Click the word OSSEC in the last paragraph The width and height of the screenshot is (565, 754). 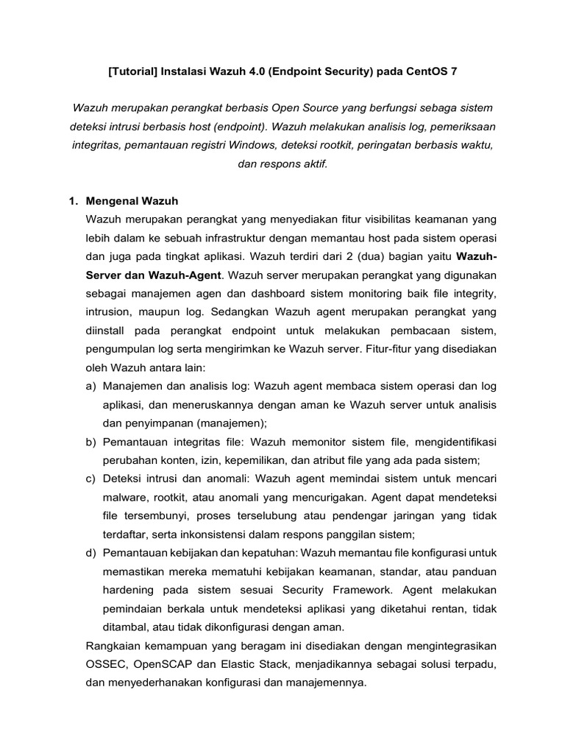click(107, 665)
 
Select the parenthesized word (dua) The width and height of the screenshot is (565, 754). click(360, 256)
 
